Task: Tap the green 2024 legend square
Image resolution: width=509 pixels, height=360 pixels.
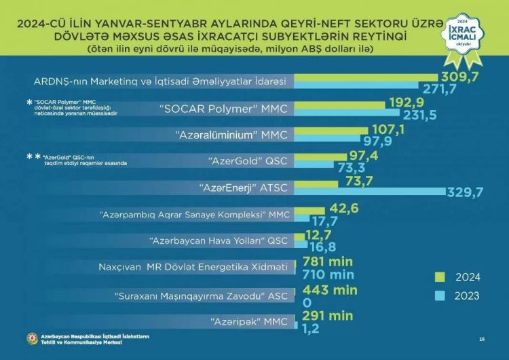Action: pos(438,277)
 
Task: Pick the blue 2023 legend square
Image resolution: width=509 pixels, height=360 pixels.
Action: pos(438,295)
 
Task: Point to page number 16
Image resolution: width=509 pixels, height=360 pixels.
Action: pos(482,339)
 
